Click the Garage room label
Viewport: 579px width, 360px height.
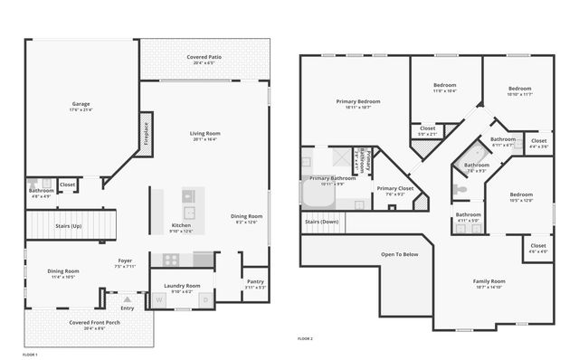click(x=81, y=105)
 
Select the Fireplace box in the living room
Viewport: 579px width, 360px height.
click(x=146, y=133)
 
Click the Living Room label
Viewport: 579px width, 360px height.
click(x=204, y=134)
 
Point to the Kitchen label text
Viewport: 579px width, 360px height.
click(x=182, y=225)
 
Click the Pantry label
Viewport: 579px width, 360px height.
click(x=255, y=282)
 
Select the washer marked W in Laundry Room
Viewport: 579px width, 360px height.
click(x=159, y=300)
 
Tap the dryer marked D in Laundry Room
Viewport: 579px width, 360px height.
click(x=205, y=300)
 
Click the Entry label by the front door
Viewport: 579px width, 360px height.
click(x=127, y=308)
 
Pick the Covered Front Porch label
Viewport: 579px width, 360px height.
click(x=88, y=323)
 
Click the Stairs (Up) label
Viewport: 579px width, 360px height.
click(x=69, y=225)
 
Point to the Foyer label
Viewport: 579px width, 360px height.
click(x=125, y=261)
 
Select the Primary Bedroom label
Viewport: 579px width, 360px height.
click(x=357, y=101)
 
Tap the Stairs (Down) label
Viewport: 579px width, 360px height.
click(x=321, y=222)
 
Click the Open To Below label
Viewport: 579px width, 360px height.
click(x=400, y=254)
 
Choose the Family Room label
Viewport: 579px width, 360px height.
click(x=489, y=281)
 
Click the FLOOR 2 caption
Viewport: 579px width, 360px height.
click(x=305, y=338)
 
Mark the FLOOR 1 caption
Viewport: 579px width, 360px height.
click(x=30, y=355)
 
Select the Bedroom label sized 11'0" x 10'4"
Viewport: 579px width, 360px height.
click(x=444, y=86)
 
